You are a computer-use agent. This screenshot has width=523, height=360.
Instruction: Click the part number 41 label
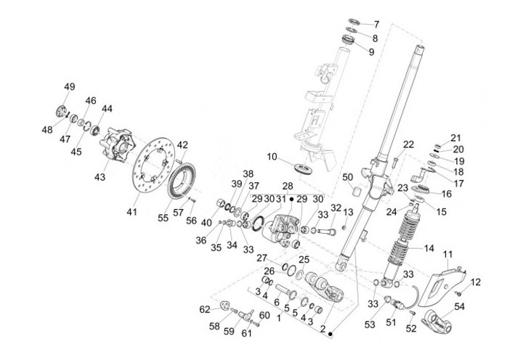132,212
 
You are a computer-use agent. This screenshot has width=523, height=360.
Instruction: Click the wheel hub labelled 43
115,144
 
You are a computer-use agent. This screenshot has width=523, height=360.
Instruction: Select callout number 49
69,87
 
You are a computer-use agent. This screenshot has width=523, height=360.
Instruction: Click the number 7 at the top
376,24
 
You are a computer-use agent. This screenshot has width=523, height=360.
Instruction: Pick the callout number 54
459,306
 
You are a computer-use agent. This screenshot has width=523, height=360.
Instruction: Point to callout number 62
205,309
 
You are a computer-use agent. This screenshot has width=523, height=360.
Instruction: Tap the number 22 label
408,144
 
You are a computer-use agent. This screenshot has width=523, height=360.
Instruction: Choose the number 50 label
347,176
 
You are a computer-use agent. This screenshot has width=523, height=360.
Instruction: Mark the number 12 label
477,282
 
